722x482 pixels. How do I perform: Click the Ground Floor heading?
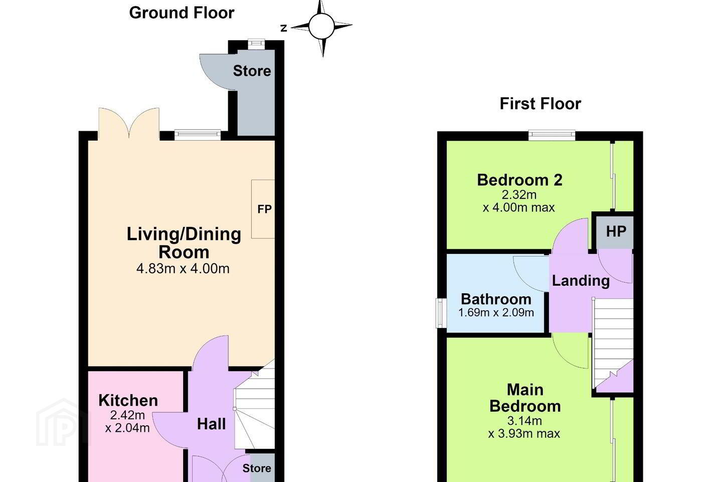tap(182, 13)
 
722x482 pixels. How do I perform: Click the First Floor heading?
tap(540, 104)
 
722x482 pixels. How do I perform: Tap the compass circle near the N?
tap(321, 26)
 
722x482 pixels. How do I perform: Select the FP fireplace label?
tap(264, 209)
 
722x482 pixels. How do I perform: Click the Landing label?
tap(581, 281)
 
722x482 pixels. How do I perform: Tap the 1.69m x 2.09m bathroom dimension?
tap(496, 312)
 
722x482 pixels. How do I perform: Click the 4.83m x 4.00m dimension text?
tap(183, 268)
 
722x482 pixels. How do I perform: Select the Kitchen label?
tap(128, 401)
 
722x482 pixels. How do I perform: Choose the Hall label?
tap(211, 424)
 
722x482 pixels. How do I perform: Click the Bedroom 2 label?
tap(519, 180)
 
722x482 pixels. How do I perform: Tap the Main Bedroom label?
tap(525, 398)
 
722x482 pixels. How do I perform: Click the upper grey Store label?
tap(252, 71)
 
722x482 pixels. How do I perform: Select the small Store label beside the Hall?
tap(257, 468)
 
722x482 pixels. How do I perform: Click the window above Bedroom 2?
tap(552, 135)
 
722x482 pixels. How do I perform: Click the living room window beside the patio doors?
tap(198, 135)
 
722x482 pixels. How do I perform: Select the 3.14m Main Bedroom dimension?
tap(524, 421)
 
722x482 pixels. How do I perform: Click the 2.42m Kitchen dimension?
tap(127, 415)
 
